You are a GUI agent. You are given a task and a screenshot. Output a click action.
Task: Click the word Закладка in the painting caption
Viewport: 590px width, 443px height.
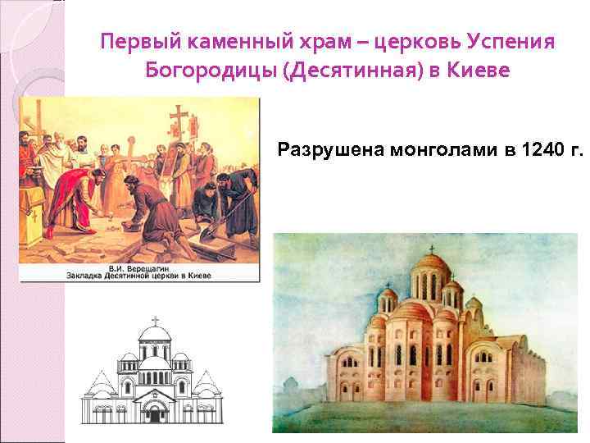(x=90, y=276)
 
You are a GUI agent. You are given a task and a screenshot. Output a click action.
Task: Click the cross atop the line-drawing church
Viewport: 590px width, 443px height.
(x=155, y=321)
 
